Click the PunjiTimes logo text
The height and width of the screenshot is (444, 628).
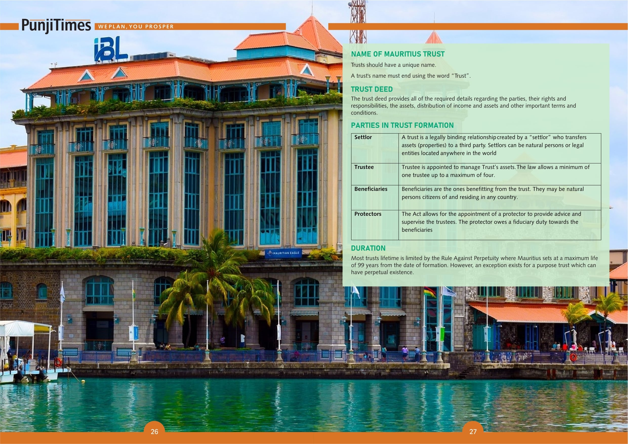point(56,26)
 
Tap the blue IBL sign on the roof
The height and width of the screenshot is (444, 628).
point(111,49)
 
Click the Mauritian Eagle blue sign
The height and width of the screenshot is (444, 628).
point(283,253)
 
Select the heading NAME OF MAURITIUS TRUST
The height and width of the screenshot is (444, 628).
point(398,54)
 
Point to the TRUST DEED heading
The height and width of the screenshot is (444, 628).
point(372,89)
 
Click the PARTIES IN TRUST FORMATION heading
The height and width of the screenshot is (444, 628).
point(402,125)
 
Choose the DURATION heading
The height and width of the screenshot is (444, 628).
point(368,248)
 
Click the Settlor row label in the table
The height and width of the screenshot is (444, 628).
point(363,137)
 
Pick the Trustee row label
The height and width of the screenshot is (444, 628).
point(364,167)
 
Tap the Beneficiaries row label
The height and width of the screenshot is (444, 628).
point(371,189)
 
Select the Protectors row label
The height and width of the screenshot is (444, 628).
point(368,214)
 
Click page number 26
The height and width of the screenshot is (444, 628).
point(154,431)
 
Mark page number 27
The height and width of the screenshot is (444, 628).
point(473,431)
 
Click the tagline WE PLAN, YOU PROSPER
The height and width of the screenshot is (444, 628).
point(136,27)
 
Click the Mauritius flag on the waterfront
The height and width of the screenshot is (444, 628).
point(430,292)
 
